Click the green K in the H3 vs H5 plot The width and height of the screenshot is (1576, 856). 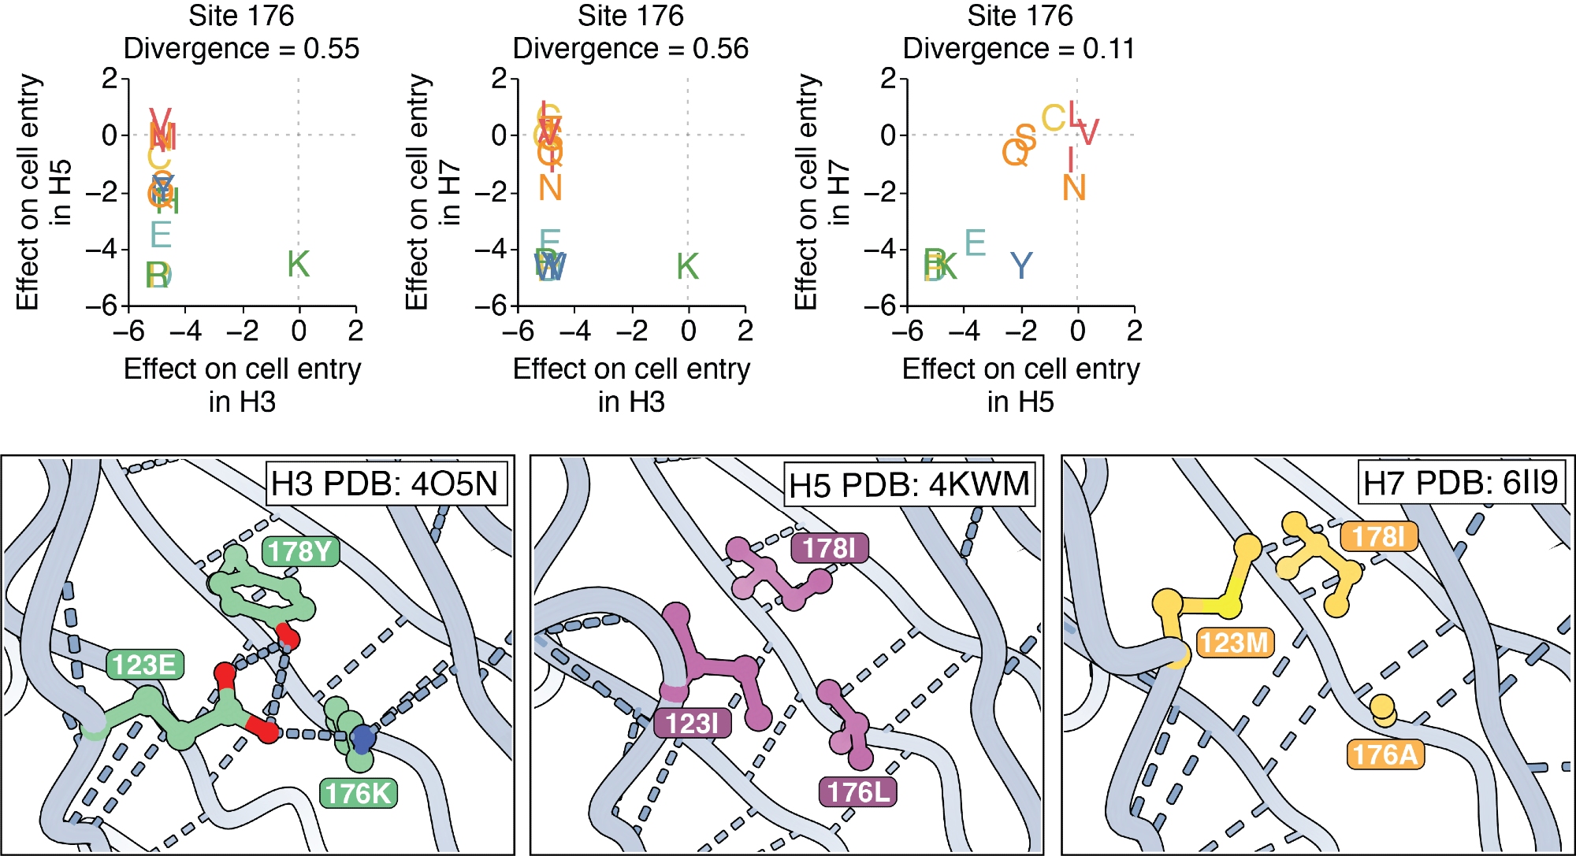point(298,265)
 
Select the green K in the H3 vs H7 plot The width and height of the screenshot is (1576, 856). point(687,267)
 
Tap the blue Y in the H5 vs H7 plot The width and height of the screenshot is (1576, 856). point(1021,267)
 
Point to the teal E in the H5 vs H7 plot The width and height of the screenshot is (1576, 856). point(975,243)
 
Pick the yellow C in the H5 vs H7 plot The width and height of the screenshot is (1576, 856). point(1054,119)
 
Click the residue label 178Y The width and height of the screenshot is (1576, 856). point(300,551)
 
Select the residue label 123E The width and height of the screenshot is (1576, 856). point(144,665)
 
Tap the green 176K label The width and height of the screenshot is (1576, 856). point(358,793)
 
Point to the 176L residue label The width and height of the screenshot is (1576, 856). point(858,791)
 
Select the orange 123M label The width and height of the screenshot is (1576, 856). point(1233,643)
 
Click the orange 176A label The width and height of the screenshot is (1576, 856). point(1385,754)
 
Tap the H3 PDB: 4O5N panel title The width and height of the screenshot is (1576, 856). point(385,484)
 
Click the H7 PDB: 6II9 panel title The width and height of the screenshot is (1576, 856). point(1460,482)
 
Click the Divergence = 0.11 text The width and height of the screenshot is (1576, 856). point(1019,49)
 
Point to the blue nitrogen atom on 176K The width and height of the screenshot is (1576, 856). point(362,738)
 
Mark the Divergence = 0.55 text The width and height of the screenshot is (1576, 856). point(241,49)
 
